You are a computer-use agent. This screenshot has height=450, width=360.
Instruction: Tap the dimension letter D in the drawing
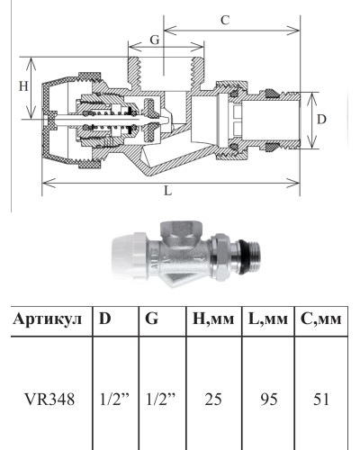point(321,119)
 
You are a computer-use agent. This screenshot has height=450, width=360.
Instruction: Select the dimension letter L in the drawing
point(168,193)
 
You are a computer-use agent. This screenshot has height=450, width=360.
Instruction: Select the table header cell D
point(105,319)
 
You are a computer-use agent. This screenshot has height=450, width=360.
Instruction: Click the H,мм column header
point(211,319)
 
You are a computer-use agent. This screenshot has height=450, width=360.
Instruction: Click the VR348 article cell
point(48,394)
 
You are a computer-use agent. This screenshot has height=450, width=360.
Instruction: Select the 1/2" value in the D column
point(113,394)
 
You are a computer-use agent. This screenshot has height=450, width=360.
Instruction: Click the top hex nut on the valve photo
point(174,230)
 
